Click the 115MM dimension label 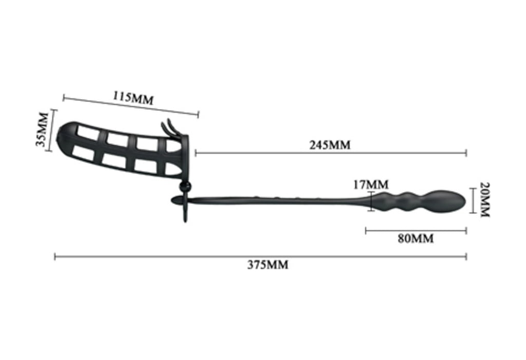(x=133, y=98)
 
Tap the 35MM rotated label (x=42, y=129)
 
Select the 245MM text (x=330, y=145)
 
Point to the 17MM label (x=371, y=184)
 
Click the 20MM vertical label (x=485, y=200)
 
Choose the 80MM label (x=416, y=239)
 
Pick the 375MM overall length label (x=268, y=264)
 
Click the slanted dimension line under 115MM (x=131, y=106)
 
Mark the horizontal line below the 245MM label (x=331, y=154)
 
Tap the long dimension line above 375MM (x=260, y=257)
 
